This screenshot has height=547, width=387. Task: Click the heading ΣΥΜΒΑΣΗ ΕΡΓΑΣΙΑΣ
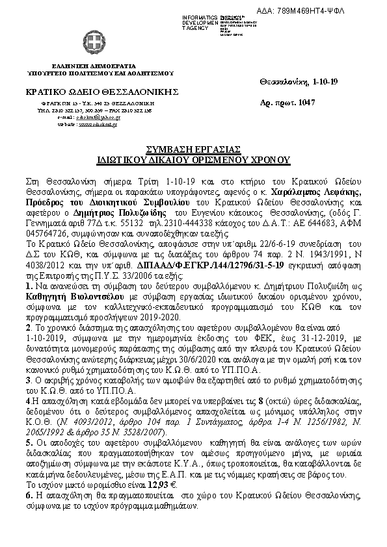point(193,148)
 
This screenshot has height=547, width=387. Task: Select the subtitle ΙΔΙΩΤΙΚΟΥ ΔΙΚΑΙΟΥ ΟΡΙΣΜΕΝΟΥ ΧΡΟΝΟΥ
point(193,158)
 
